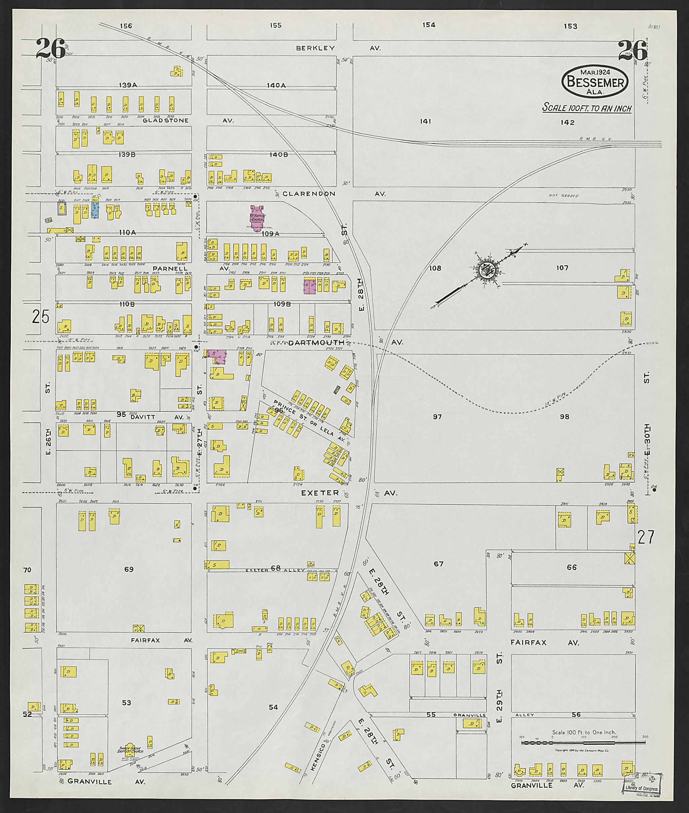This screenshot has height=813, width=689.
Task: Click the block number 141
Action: click(x=425, y=122)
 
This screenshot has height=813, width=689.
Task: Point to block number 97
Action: click(x=437, y=417)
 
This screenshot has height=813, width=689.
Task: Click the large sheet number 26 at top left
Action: click(x=50, y=49)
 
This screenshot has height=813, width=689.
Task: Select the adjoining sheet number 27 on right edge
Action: click(x=645, y=538)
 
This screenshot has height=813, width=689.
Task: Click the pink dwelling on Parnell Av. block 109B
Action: click(x=310, y=286)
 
